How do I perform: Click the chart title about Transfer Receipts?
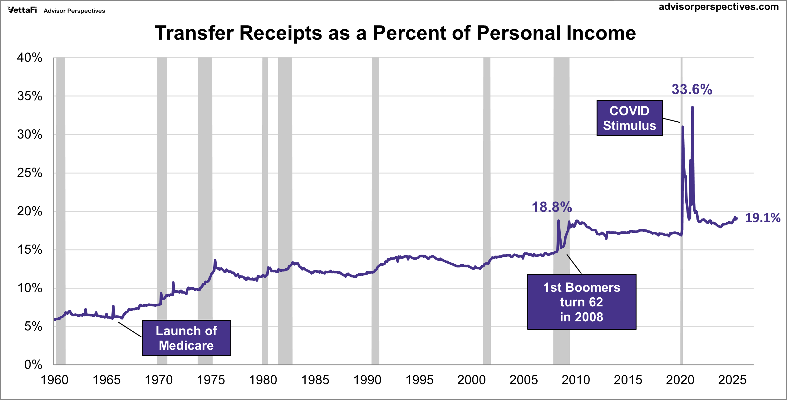(395, 33)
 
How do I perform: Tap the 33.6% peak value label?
(692, 90)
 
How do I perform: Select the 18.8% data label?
(552, 207)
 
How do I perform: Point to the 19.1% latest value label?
(763, 218)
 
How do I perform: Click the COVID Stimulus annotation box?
(629, 118)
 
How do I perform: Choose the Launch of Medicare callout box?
(186, 338)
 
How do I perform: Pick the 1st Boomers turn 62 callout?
(582, 302)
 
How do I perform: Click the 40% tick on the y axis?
(30, 58)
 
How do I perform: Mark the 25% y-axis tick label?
(30, 173)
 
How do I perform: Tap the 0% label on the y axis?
(33, 365)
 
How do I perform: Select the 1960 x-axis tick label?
(55, 380)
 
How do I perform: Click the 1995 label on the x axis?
(419, 380)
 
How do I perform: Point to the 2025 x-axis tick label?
(732, 380)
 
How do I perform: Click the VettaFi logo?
(22, 10)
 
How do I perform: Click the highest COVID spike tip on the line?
(692, 107)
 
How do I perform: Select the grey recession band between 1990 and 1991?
(375, 211)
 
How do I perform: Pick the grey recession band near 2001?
(487, 211)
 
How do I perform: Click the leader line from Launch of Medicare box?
(130, 329)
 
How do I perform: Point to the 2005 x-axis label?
(524, 380)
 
